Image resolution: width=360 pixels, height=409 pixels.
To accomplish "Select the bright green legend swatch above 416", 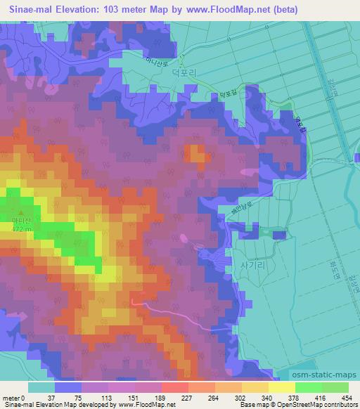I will pyautogui.click(x=308, y=387).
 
